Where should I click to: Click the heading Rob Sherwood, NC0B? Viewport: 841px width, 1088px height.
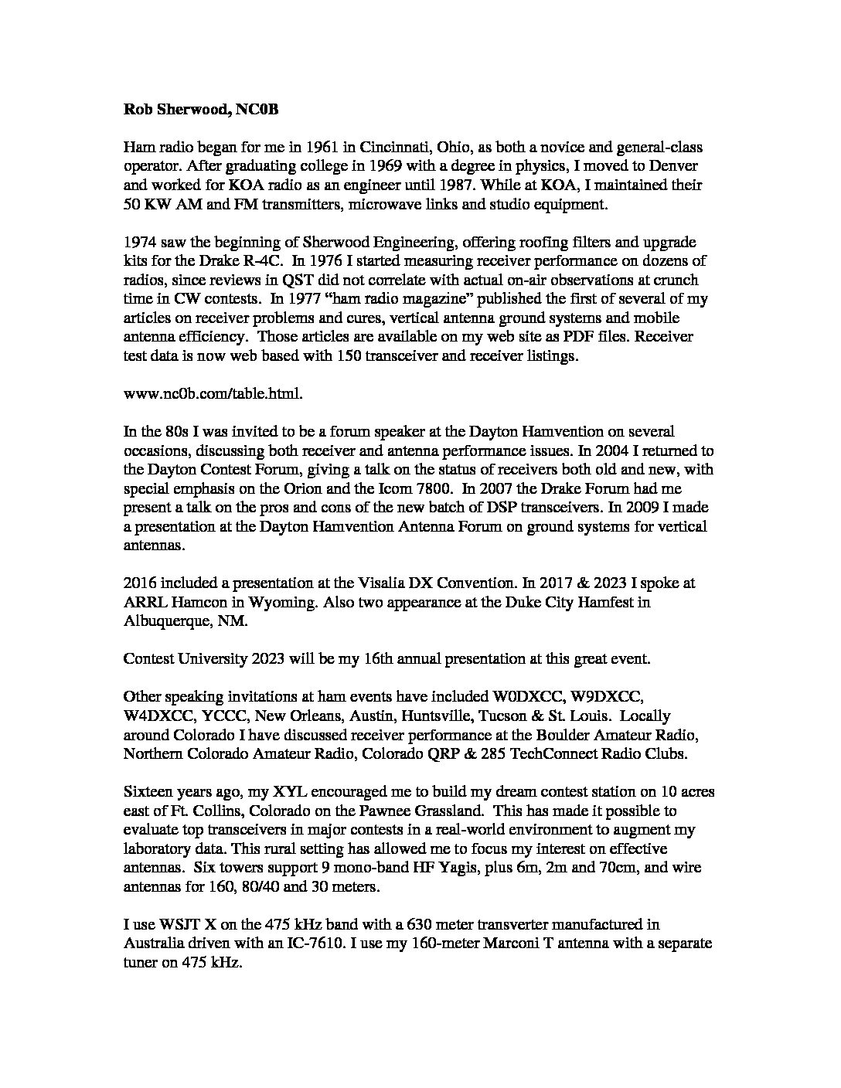point(201,110)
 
